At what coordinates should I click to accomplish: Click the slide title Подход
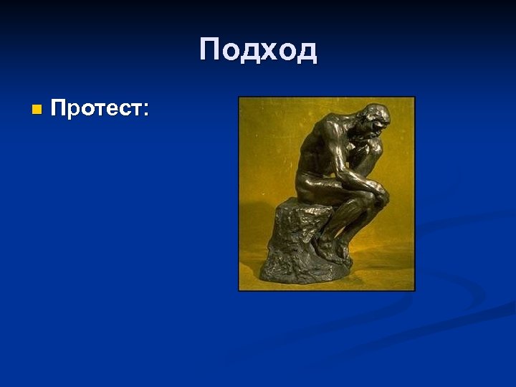(x=258, y=51)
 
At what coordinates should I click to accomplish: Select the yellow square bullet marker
(x=37, y=110)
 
